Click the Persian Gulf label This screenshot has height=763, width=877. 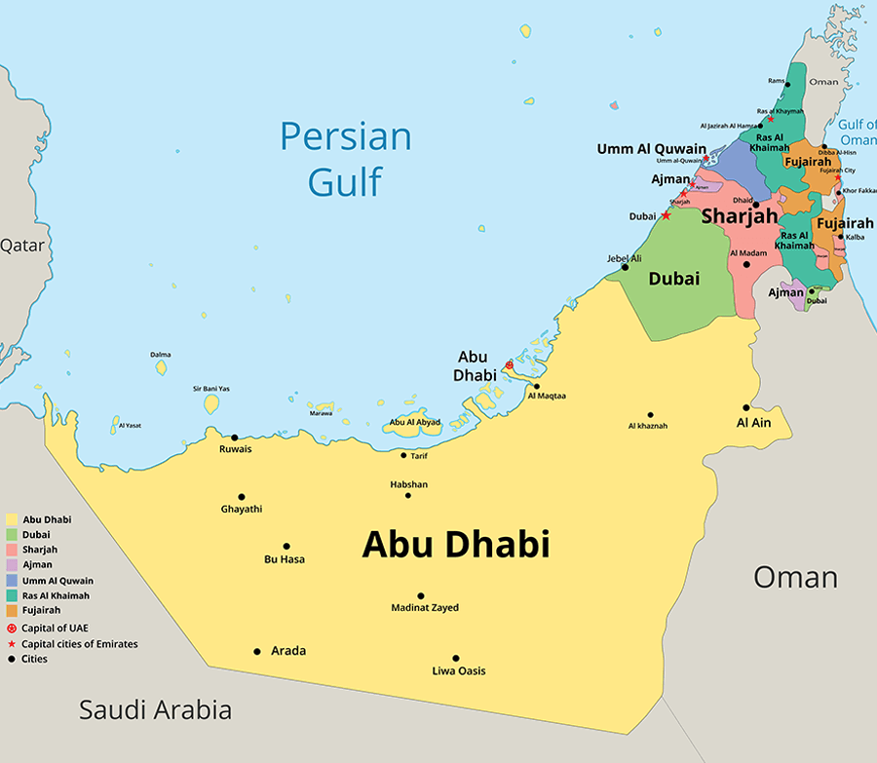click(x=346, y=158)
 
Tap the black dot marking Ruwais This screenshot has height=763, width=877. click(x=234, y=438)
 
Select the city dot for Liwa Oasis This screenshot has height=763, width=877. click(x=455, y=658)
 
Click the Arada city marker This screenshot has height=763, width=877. click(x=257, y=651)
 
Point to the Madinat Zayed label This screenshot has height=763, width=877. click(x=425, y=608)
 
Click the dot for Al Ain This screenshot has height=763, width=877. click(x=746, y=408)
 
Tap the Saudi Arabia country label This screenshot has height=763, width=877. click(x=156, y=709)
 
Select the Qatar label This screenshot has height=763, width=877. click(x=21, y=246)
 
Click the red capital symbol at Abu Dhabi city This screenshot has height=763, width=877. click(x=509, y=364)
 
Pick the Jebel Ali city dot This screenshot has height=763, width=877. click(x=625, y=267)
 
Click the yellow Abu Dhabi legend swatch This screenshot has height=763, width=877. click(x=12, y=520)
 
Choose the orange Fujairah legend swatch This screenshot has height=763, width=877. click(x=12, y=610)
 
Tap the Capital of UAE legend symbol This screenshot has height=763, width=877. click(x=12, y=629)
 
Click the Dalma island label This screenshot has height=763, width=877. click(x=160, y=355)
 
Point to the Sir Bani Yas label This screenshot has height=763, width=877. click(x=210, y=389)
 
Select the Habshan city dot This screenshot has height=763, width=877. click(x=408, y=495)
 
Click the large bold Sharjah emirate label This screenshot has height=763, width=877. click(x=739, y=215)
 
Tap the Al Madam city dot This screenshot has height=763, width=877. click(x=746, y=264)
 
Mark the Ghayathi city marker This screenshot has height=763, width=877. click(x=242, y=497)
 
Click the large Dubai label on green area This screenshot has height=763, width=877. click(x=674, y=279)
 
